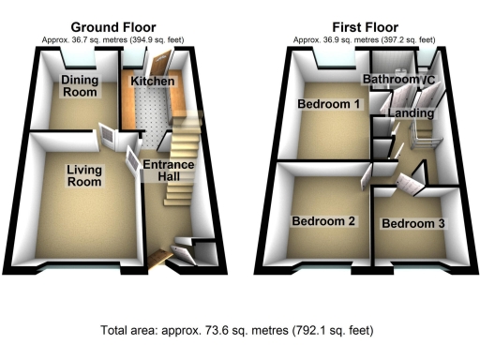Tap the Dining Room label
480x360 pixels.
tap(81, 86)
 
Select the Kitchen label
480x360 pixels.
tap(153, 82)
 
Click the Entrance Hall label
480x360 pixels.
tap(168, 171)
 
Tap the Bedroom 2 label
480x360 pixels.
tap(323, 222)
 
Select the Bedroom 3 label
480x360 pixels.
tap(412, 224)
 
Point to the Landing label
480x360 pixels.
tap(412, 113)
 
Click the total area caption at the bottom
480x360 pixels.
tap(239, 330)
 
